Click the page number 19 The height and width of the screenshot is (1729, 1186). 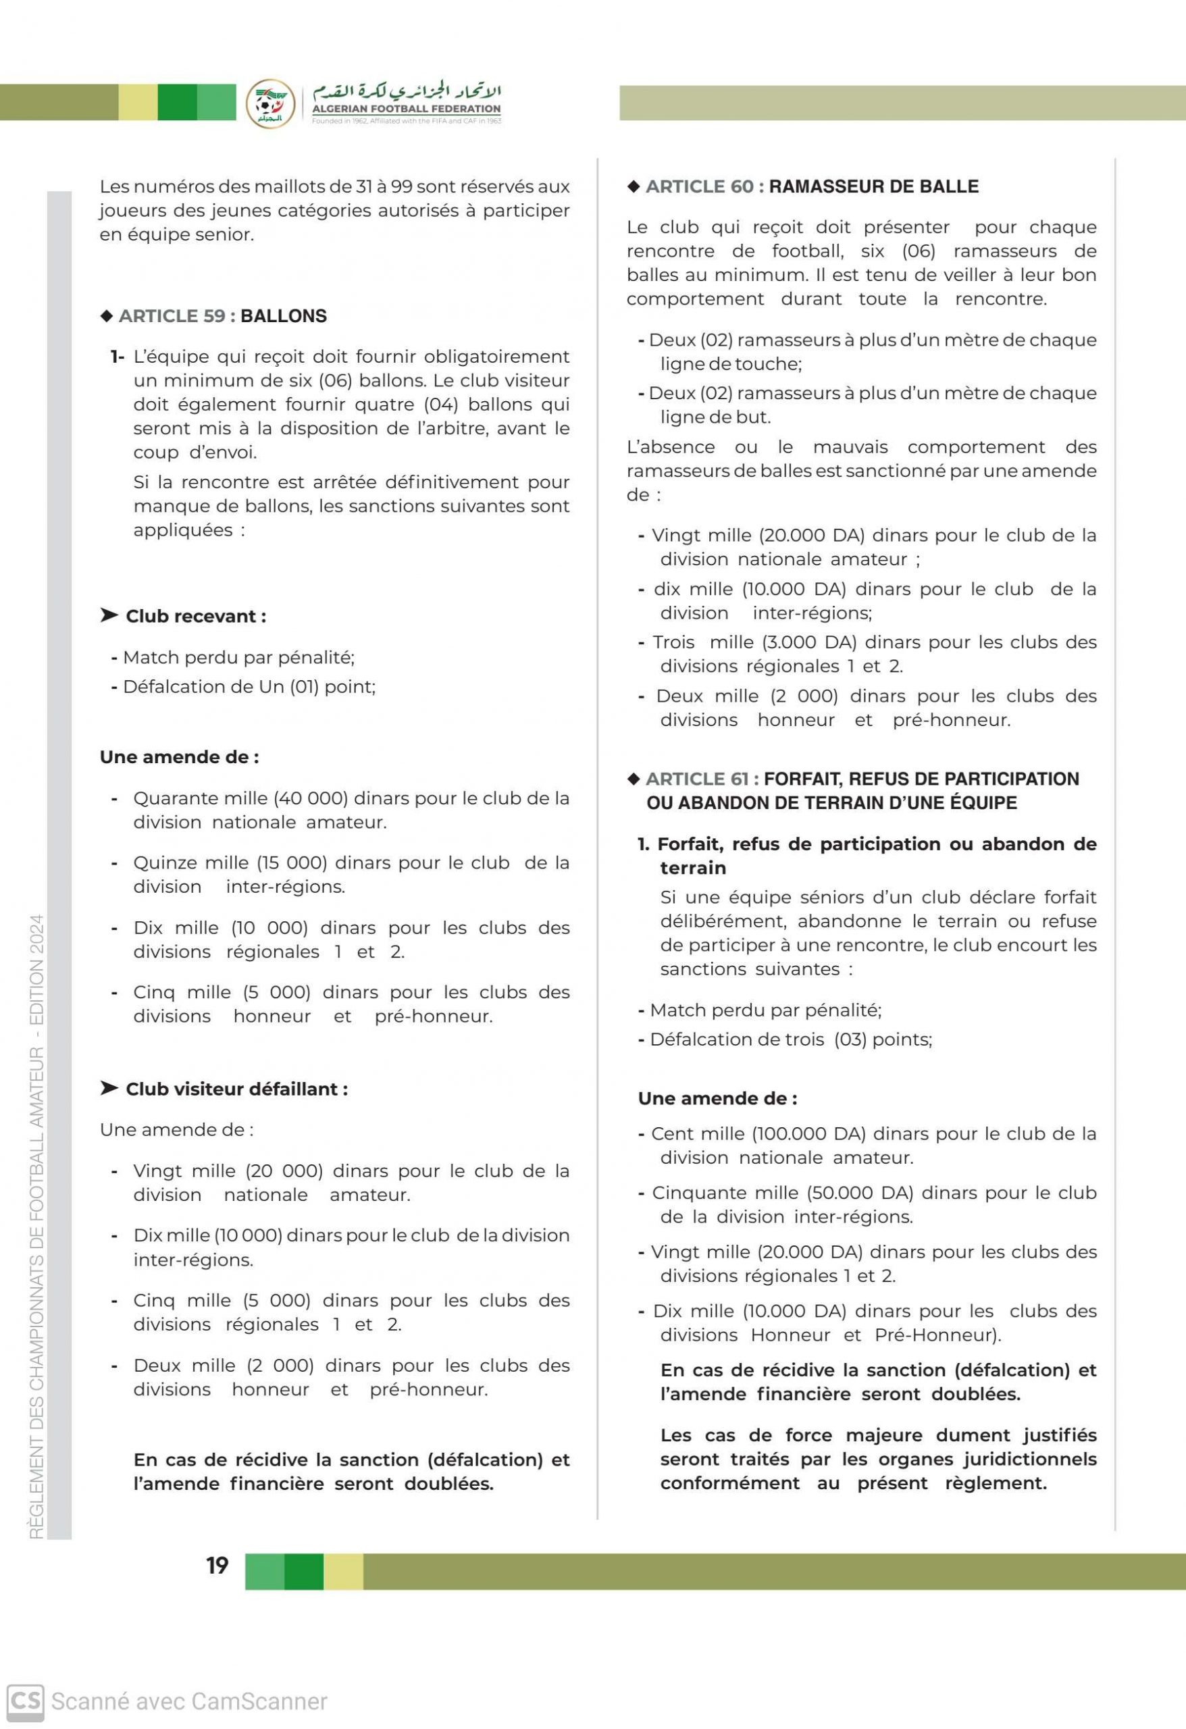point(217,1566)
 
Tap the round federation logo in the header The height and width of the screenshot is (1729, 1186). point(270,103)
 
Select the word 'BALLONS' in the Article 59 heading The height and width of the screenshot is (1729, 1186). point(284,316)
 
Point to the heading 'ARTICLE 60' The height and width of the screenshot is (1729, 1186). point(700,186)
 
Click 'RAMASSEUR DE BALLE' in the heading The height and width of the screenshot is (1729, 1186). point(873,186)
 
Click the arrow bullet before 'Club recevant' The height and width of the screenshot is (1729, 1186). point(109,615)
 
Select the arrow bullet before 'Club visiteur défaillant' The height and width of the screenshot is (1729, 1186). point(109,1089)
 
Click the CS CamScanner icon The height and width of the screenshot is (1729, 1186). point(24,1701)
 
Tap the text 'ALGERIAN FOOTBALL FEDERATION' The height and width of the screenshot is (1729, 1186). point(406,109)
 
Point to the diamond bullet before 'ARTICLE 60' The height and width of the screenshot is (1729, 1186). point(634,186)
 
